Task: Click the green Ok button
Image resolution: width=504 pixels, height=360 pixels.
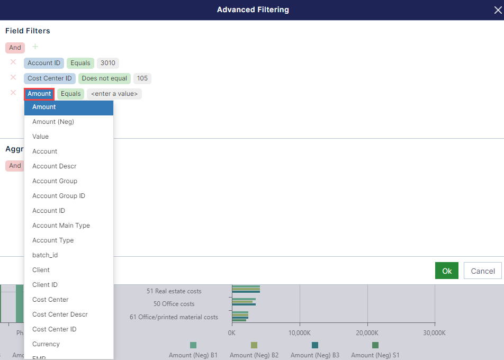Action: [x=447, y=271]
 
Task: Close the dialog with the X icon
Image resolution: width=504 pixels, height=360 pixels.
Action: [x=498, y=10]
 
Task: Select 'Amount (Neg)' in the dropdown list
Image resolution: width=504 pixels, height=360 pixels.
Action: [x=53, y=122]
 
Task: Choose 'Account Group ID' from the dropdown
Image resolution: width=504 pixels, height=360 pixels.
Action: [x=58, y=196]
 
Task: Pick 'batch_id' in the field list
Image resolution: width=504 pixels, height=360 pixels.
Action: [x=45, y=255]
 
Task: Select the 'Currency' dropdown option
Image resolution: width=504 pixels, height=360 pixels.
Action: [x=46, y=344]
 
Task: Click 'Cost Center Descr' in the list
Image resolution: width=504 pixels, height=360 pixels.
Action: [x=60, y=314]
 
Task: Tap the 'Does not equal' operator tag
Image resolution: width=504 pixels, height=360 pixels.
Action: [x=104, y=78]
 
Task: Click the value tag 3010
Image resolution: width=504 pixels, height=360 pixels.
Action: [x=107, y=63]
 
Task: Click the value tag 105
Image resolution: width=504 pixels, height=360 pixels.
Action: [x=142, y=78]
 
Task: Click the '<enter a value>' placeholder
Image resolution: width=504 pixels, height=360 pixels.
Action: [x=114, y=94]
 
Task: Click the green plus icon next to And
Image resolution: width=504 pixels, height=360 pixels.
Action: [x=35, y=47]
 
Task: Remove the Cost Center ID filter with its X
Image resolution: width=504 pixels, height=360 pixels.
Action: [x=13, y=78]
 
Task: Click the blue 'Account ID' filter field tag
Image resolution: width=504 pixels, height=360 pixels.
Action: [x=44, y=63]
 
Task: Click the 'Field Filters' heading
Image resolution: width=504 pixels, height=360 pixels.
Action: [x=28, y=31]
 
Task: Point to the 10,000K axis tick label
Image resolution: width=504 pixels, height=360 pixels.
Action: [x=300, y=333]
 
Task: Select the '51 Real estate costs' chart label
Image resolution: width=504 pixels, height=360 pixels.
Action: [x=174, y=291]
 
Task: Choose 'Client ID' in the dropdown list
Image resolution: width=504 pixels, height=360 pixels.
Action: [x=45, y=285]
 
